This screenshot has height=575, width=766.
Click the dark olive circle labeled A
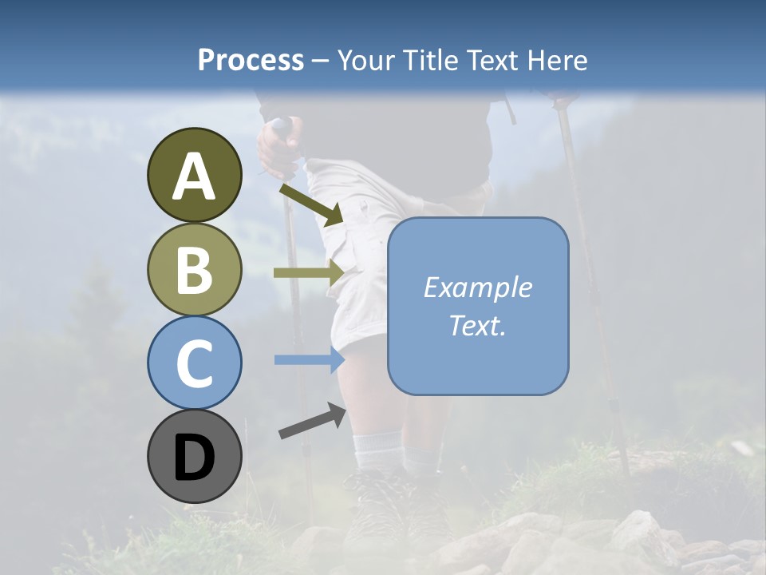[194, 175]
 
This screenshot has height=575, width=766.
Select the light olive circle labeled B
[194, 270]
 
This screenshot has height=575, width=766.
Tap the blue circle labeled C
[194, 363]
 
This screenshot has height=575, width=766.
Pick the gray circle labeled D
[194, 456]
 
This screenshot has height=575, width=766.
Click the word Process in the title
[251, 60]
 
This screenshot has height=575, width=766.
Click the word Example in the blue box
[477, 287]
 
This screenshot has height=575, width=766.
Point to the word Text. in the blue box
[477, 325]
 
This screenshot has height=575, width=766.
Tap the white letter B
[194, 270]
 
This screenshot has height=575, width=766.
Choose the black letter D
[194, 458]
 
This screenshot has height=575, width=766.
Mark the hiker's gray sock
[378, 452]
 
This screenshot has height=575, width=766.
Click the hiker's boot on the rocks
[375, 507]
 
